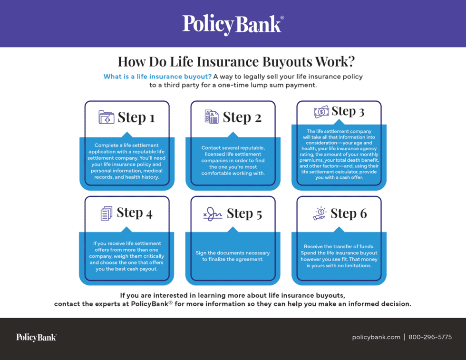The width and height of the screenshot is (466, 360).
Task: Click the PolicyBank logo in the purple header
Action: (x=233, y=24)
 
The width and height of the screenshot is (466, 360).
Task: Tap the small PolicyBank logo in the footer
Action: (x=36, y=337)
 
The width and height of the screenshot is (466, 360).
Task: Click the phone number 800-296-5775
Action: (x=430, y=337)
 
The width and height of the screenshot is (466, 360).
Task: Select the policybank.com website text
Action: (x=376, y=337)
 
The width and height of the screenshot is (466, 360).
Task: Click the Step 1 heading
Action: (x=136, y=117)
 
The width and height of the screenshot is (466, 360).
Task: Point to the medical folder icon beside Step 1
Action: (x=107, y=117)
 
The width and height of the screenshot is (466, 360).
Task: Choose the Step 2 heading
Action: (x=242, y=117)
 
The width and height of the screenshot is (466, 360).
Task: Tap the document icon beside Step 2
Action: (x=212, y=117)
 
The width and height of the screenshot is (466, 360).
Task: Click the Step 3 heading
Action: (x=348, y=111)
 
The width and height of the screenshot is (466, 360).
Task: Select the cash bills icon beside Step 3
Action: (x=321, y=112)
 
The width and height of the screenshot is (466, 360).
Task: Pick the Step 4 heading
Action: (x=135, y=213)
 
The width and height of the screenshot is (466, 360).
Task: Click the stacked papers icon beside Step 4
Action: (x=107, y=214)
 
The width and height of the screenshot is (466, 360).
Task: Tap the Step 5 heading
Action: (x=244, y=214)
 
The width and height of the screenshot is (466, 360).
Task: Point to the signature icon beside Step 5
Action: (x=213, y=214)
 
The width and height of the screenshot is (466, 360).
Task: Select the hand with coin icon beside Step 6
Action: (x=320, y=214)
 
